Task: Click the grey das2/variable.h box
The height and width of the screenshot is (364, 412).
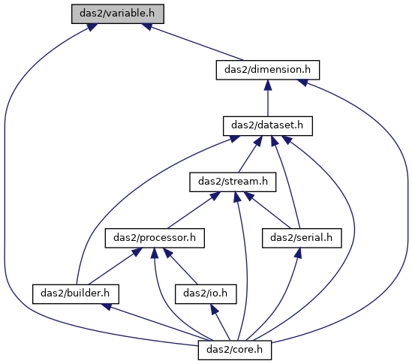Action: [118, 14]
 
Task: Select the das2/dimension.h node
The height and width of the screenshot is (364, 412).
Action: [268, 70]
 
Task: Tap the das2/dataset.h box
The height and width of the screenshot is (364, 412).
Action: [268, 126]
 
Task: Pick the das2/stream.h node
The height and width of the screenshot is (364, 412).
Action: [233, 182]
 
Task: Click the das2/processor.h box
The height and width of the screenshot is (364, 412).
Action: [155, 238]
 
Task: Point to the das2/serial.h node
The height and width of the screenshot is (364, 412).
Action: [302, 238]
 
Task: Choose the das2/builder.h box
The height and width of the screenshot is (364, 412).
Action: [76, 294]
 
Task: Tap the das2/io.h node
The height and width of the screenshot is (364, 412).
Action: [206, 294]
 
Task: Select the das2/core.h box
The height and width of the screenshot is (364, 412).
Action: [235, 350]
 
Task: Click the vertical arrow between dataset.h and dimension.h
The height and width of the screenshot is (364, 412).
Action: [268, 98]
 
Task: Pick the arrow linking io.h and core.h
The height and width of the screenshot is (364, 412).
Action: [220, 322]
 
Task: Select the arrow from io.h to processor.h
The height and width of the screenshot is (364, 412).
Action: [180, 266]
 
